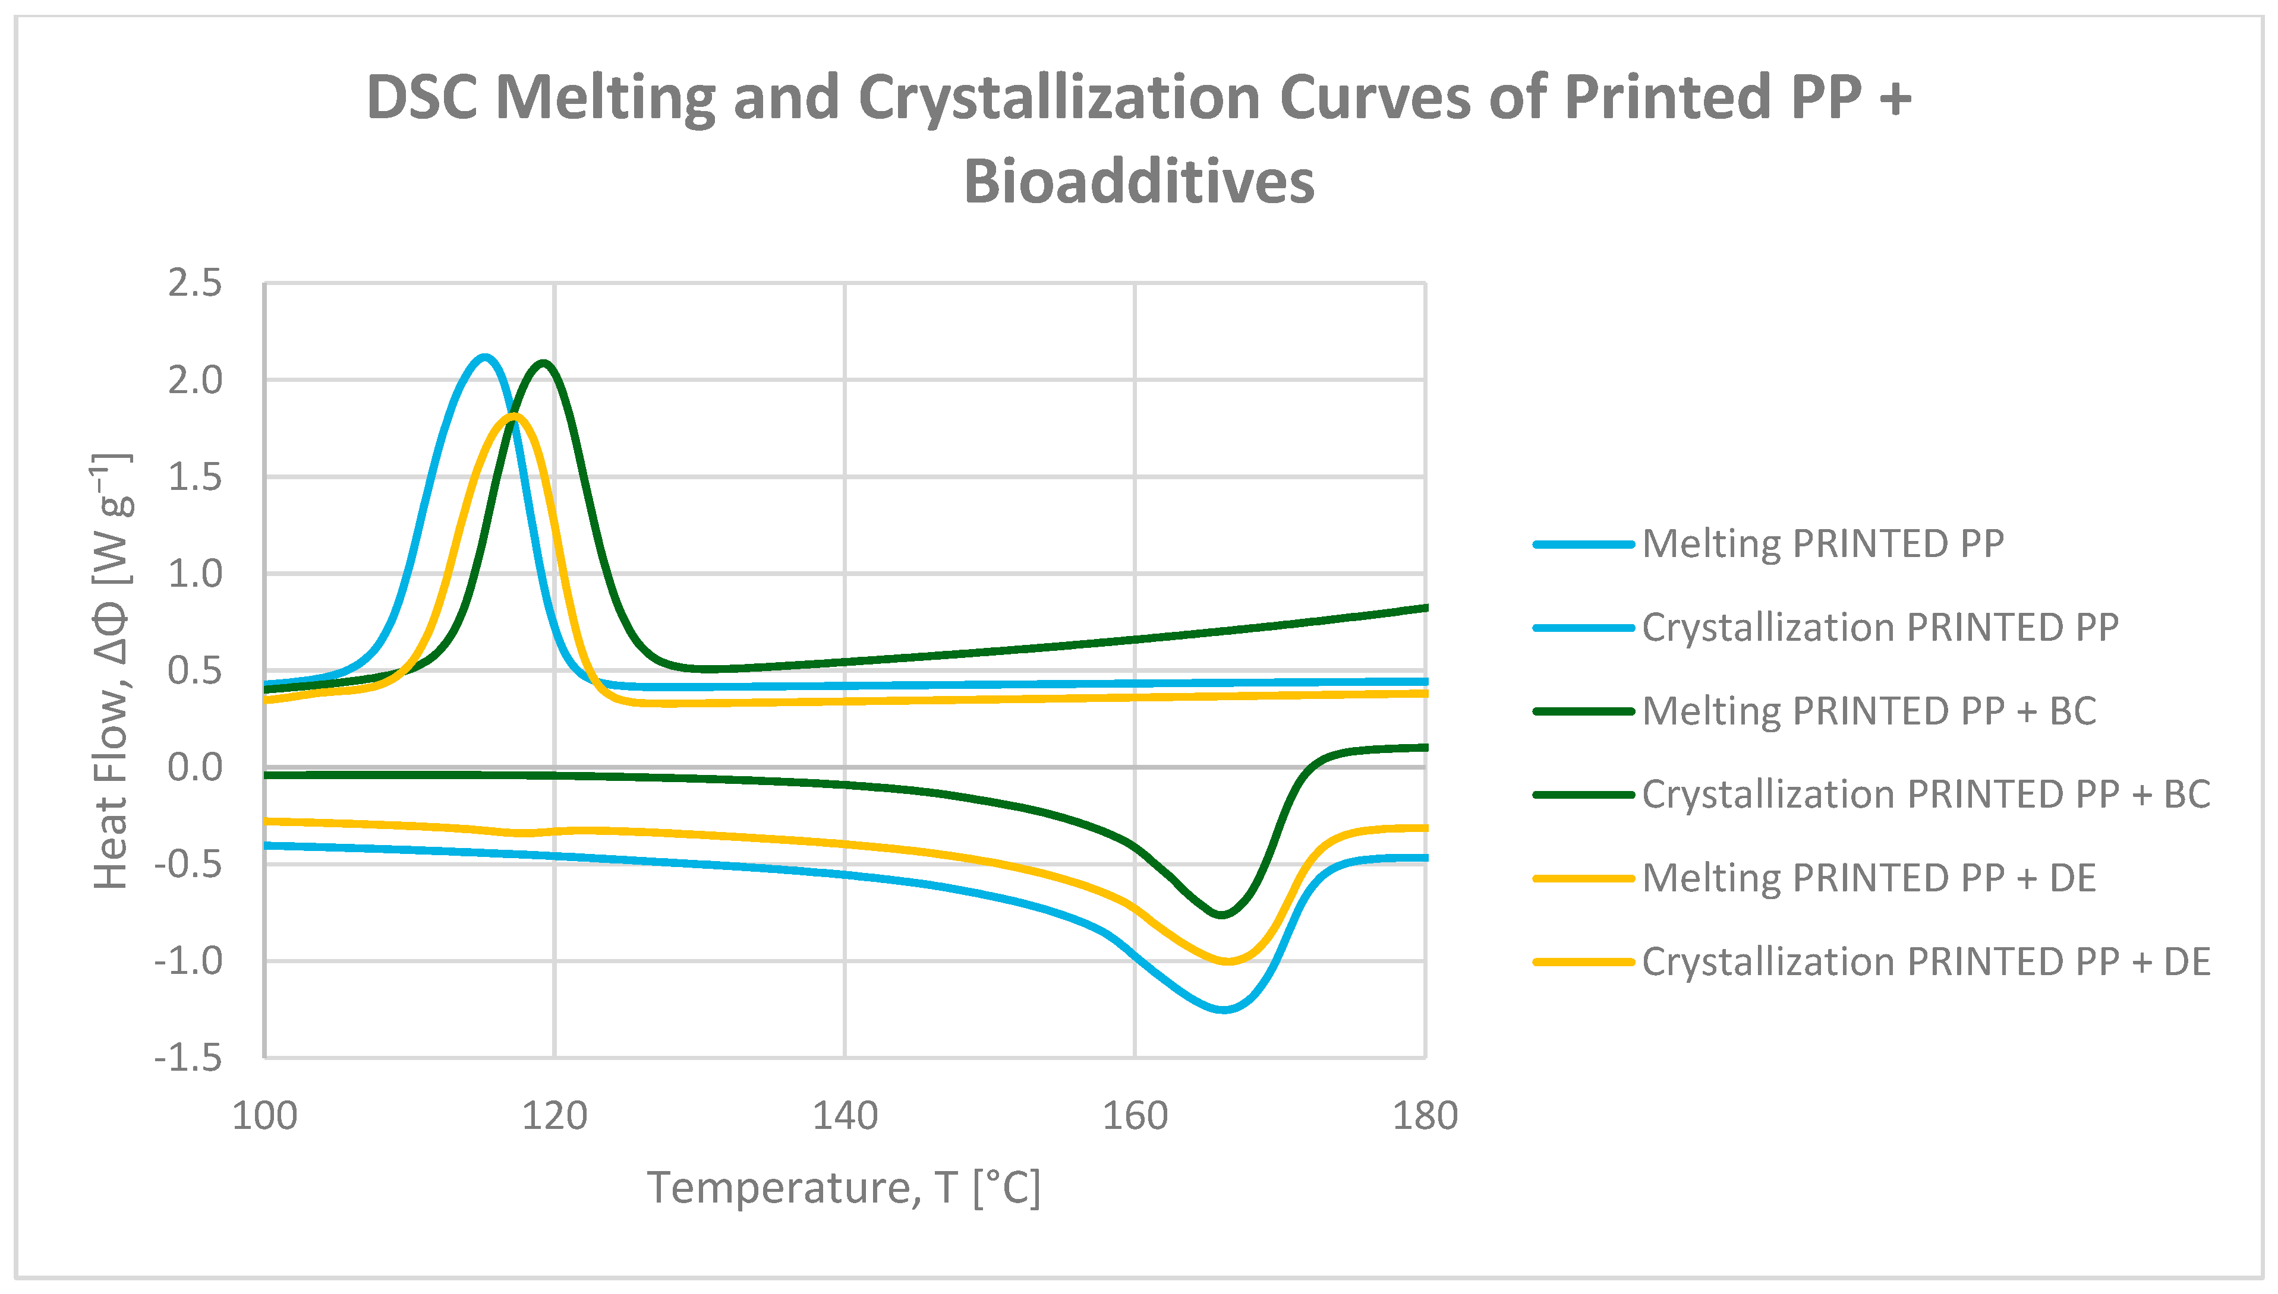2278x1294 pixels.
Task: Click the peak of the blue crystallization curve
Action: pyautogui.click(x=484, y=357)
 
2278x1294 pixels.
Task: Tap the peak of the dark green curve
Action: pyautogui.click(x=543, y=363)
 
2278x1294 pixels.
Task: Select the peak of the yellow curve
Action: pyautogui.click(x=514, y=416)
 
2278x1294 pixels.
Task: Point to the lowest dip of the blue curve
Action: pyautogui.click(x=1224, y=1010)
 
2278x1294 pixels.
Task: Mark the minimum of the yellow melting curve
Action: pyautogui.click(x=1227, y=961)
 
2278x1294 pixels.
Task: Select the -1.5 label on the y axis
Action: pyautogui.click(x=188, y=1058)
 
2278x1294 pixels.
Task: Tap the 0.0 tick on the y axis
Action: pyautogui.click(x=195, y=767)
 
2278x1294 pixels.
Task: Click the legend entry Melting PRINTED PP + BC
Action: pyautogui.click(x=1868, y=711)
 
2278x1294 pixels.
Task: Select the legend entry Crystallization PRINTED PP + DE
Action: pyautogui.click(x=1925, y=961)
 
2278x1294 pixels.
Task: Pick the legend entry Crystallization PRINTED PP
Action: pyautogui.click(x=1879, y=628)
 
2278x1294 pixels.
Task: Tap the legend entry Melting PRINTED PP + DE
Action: pyautogui.click(x=1868, y=878)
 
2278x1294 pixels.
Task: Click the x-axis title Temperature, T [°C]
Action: pyautogui.click(x=843, y=1187)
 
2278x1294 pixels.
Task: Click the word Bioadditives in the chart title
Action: pyautogui.click(x=1138, y=181)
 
